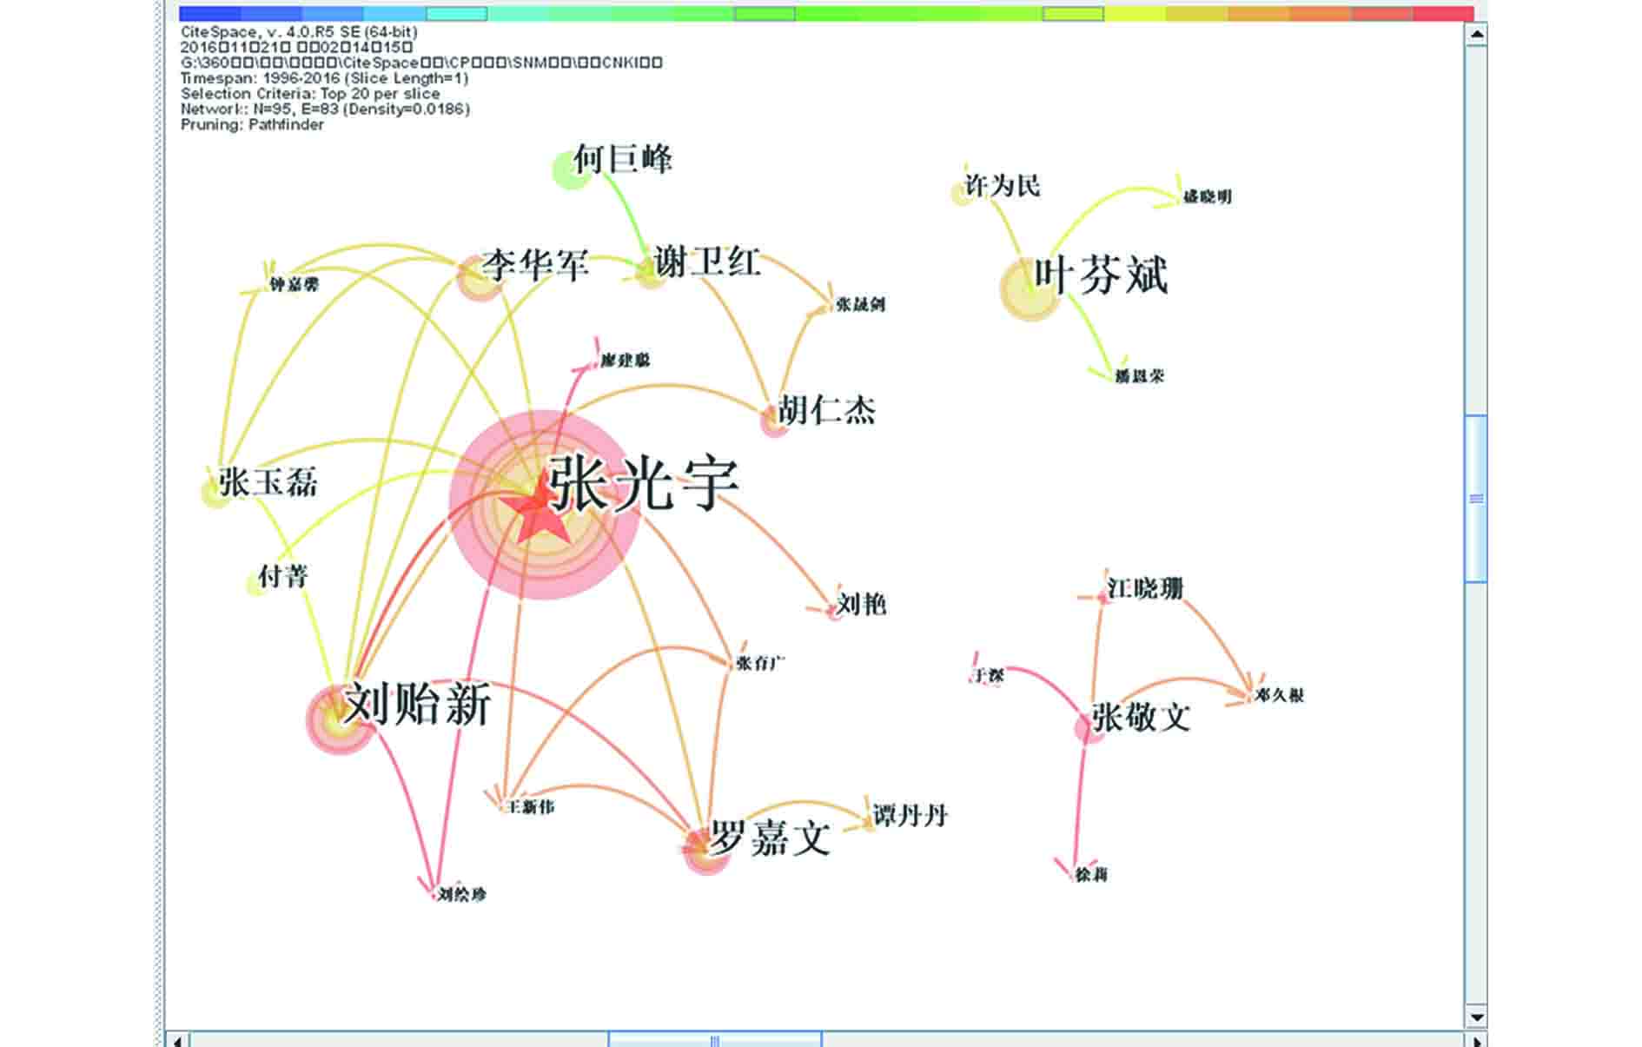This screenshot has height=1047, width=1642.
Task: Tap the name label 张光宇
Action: click(x=644, y=484)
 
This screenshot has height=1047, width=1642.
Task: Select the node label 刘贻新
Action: click(x=418, y=704)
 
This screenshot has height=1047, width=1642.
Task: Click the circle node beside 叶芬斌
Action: click(x=1029, y=289)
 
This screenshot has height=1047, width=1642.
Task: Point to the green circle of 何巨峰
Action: click(x=569, y=169)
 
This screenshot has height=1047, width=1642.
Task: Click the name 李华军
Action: click(x=536, y=264)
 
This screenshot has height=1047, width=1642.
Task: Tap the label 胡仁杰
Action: click(x=826, y=410)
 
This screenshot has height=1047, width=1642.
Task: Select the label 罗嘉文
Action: click(x=770, y=838)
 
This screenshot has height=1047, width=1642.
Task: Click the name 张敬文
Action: click(x=1141, y=718)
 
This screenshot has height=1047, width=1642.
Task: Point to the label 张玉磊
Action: click(x=268, y=482)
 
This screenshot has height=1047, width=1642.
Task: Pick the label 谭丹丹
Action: click(x=910, y=816)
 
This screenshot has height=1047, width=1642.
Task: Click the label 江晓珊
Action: click(x=1145, y=589)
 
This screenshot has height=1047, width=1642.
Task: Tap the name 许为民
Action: click(x=1002, y=186)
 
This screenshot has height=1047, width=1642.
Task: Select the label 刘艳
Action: click(x=861, y=604)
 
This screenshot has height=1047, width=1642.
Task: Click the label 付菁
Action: click(x=283, y=576)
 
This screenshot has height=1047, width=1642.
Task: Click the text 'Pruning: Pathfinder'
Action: click(x=252, y=125)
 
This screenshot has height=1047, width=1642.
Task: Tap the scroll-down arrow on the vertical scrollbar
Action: click(x=1476, y=1016)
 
